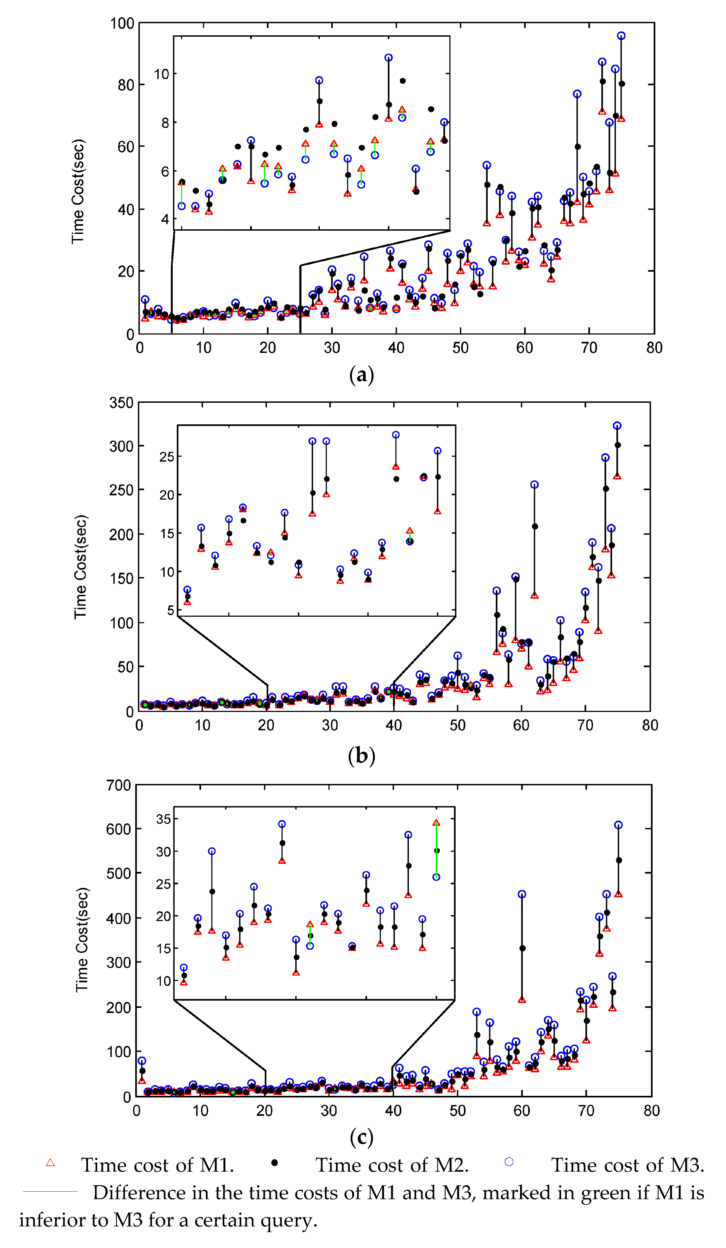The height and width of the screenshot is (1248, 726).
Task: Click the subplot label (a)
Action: (x=361, y=375)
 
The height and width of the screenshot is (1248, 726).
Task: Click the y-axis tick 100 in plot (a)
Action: (x=122, y=23)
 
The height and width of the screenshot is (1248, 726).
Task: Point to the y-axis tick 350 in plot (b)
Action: (x=121, y=403)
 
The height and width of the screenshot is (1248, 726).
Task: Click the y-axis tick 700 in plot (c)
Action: (x=119, y=785)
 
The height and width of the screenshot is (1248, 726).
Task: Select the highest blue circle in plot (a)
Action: (x=621, y=36)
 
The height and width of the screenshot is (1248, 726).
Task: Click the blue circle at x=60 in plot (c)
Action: (x=522, y=894)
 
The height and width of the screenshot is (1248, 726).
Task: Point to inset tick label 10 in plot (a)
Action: (x=162, y=74)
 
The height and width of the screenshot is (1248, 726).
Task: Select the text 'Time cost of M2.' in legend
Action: (x=392, y=1165)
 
